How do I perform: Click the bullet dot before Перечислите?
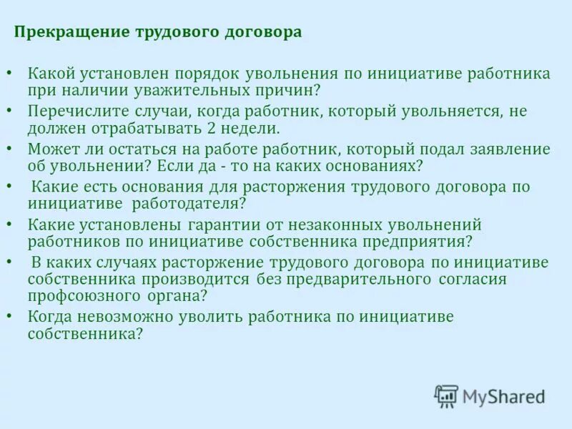click(9, 112)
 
